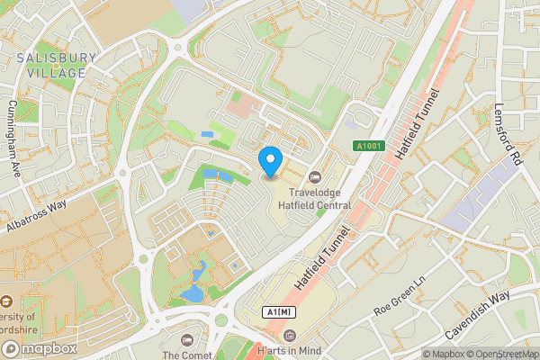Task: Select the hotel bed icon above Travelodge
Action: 314,177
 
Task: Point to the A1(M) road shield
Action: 279,311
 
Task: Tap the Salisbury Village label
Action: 58,66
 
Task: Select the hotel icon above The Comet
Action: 187,339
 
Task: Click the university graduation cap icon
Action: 6,303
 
